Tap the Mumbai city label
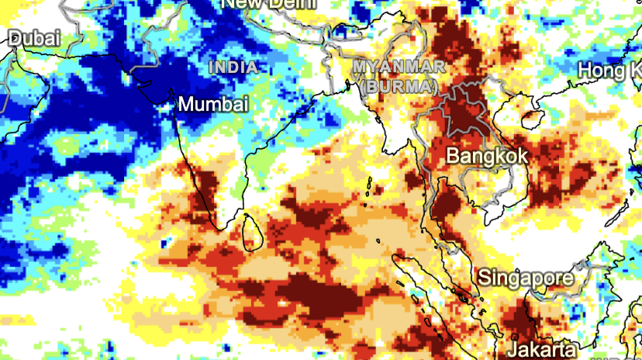tap(213, 104)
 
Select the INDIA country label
tap(233, 67)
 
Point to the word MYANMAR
tap(399, 67)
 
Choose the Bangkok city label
tap(487, 155)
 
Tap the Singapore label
tap(526, 277)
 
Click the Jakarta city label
tap(542, 347)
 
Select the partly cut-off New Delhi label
tap(268, 4)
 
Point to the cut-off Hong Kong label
tap(609, 71)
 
